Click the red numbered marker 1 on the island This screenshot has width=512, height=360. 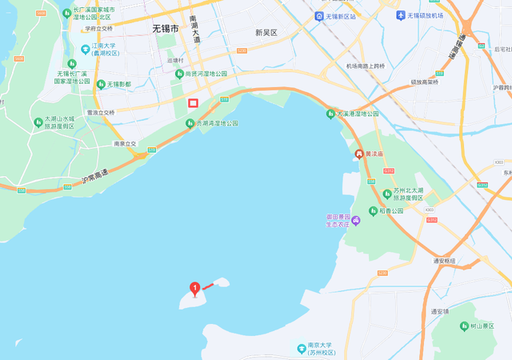194,289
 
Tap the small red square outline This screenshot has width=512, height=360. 193,102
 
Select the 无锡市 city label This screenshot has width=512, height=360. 166,29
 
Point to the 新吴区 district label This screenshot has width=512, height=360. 266,33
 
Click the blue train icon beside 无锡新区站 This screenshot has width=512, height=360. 319,16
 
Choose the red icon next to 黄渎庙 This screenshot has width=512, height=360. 358,154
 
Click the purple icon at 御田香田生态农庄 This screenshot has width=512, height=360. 356,220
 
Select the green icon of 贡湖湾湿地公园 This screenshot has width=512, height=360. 190,123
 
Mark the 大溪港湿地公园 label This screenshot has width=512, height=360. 358,114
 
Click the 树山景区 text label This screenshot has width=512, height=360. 484,326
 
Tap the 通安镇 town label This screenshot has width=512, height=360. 442,311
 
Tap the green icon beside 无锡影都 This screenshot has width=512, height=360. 101,84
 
